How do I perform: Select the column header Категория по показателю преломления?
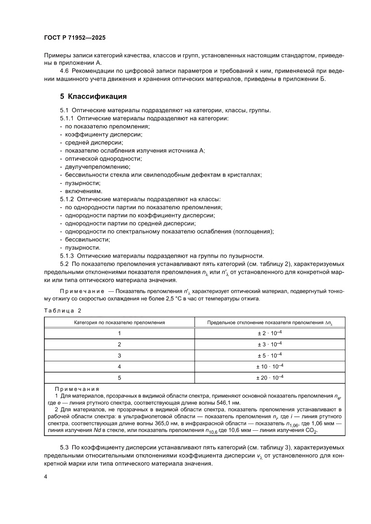click(x=119, y=322)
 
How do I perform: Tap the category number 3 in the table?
click(x=119, y=355)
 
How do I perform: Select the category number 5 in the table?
click(x=119, y=377)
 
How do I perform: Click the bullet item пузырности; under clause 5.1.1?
click(x=76, y=183)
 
